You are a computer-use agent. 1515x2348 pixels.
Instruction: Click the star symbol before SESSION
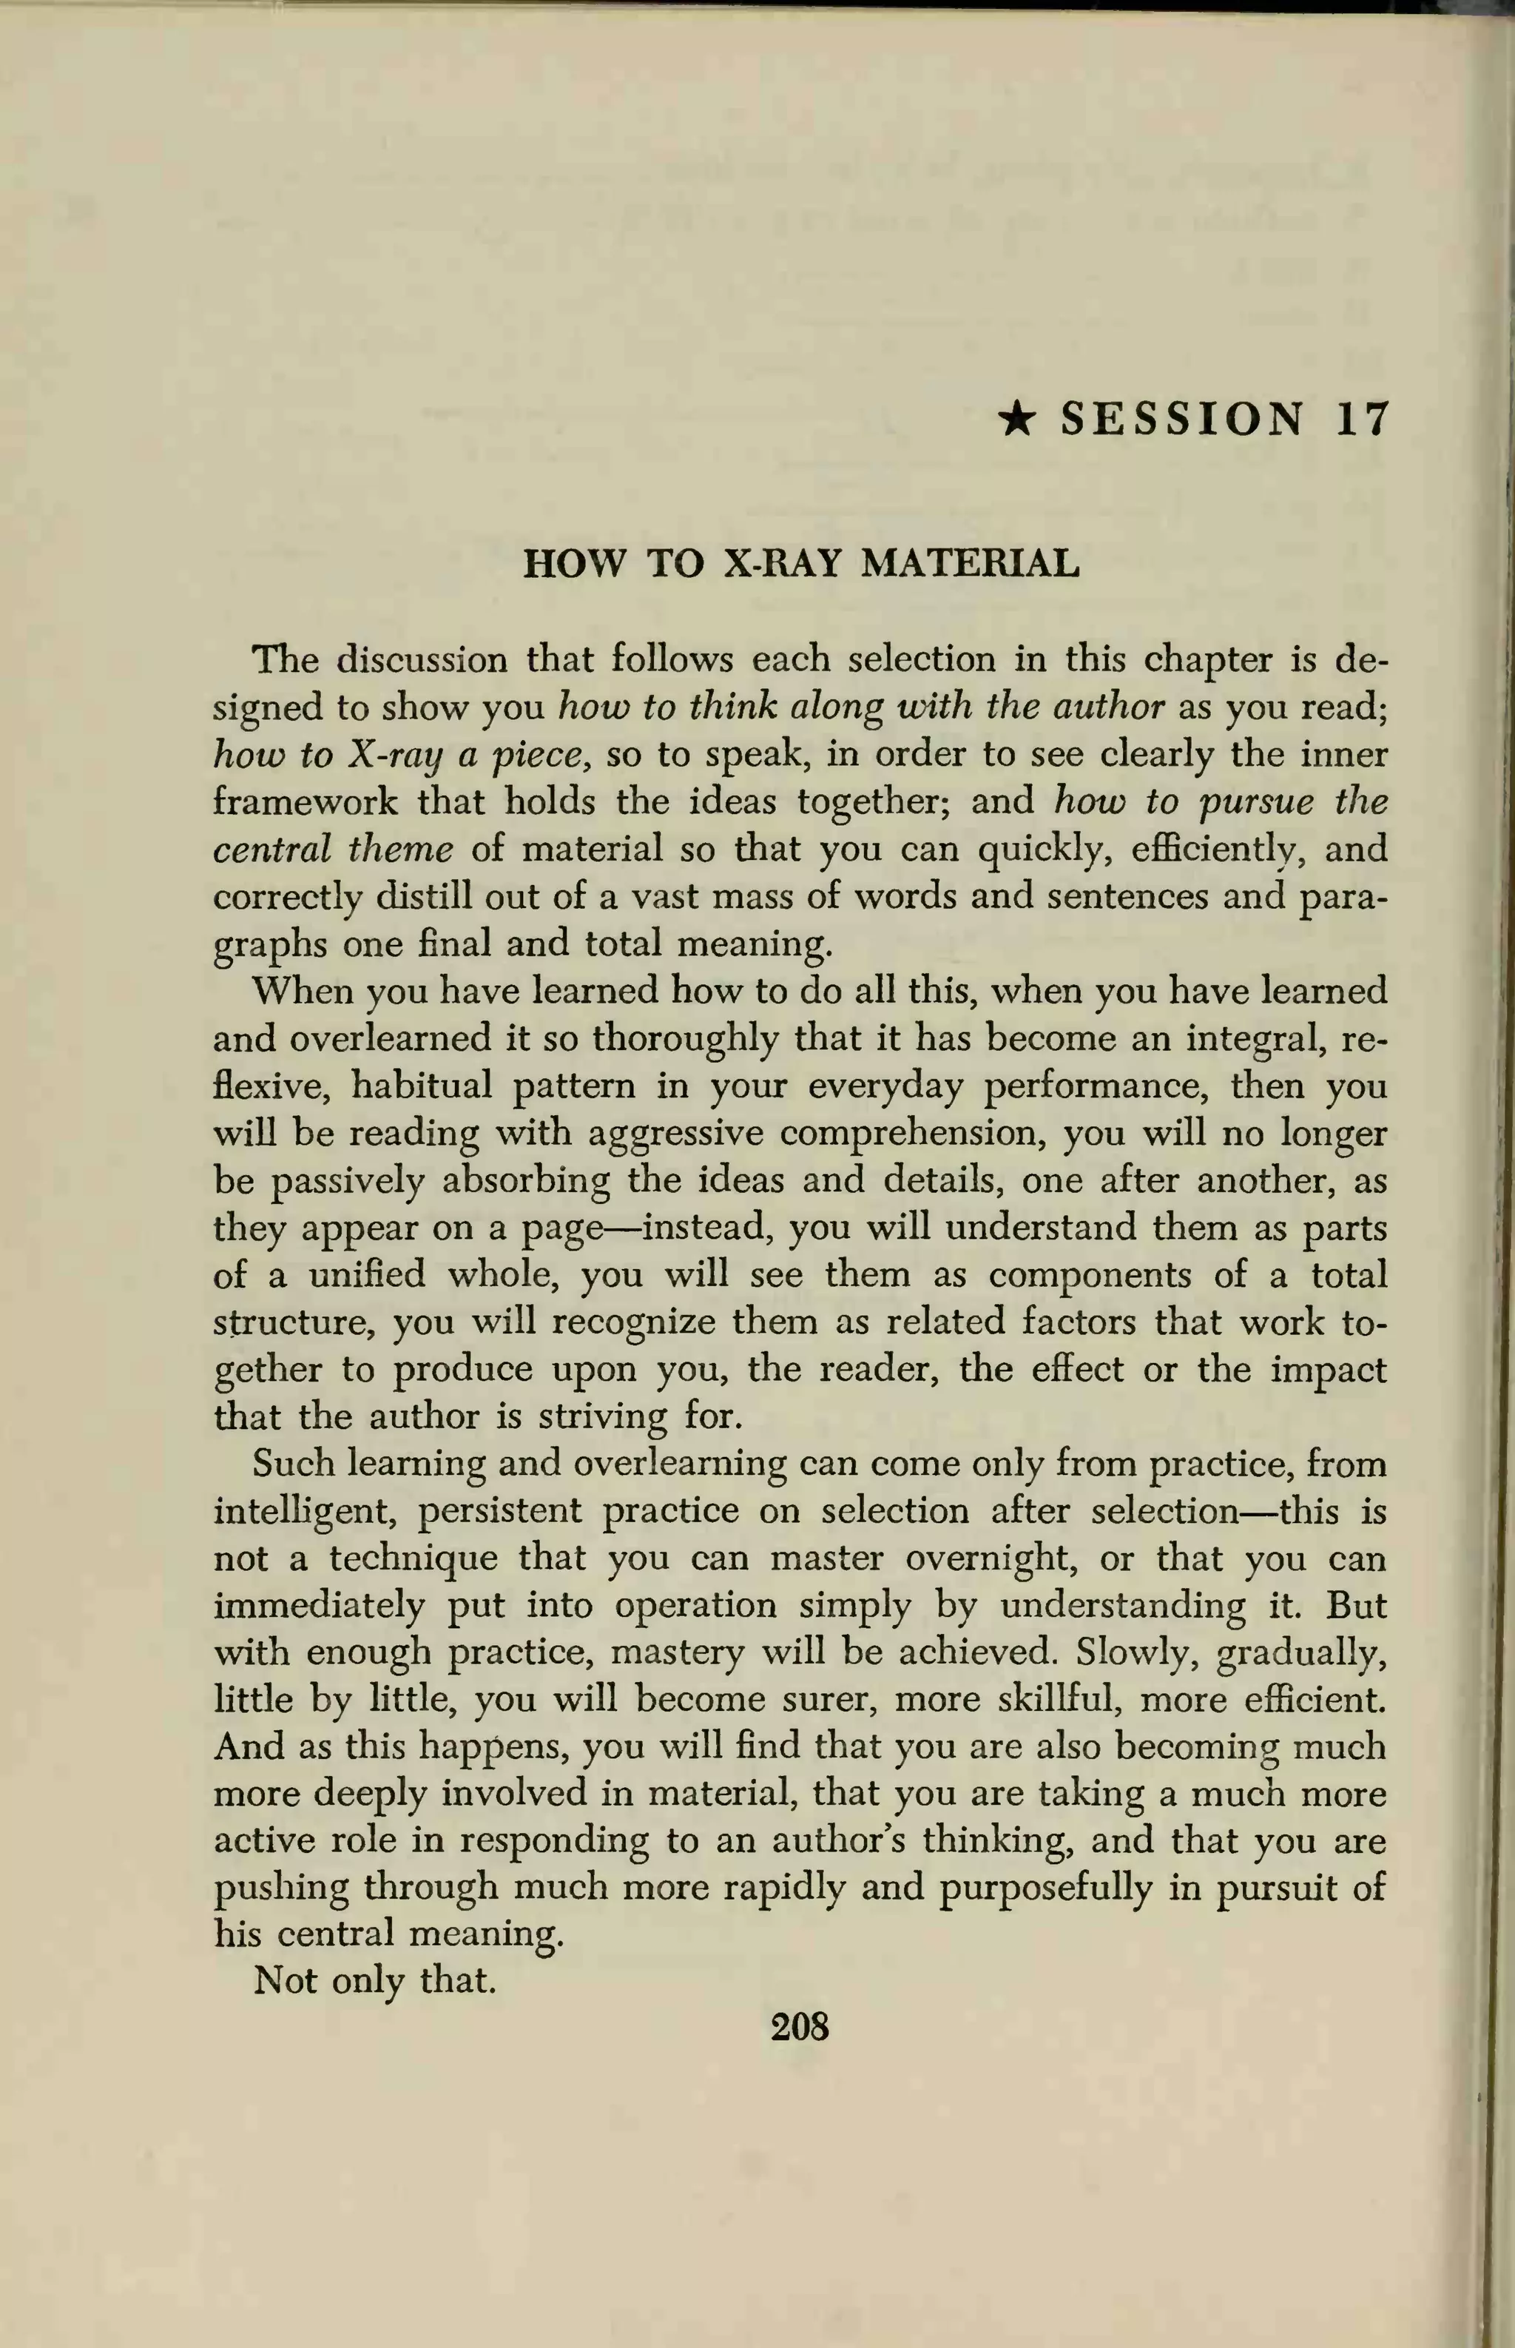pyautogui.click(x=1016, y=420)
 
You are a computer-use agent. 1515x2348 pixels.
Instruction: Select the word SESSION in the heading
pyautogui.click(x=1184, y=420)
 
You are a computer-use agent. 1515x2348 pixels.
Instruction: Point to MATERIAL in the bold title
pyautogui.click(x=970, y=564)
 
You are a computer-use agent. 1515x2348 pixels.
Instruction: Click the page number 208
pyautogui.click(x=800, y=2027)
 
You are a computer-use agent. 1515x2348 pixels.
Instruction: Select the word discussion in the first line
pyautogui.click(x=422, y=659)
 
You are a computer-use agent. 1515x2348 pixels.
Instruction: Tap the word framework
pyautogui.click(x=305, y=802)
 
